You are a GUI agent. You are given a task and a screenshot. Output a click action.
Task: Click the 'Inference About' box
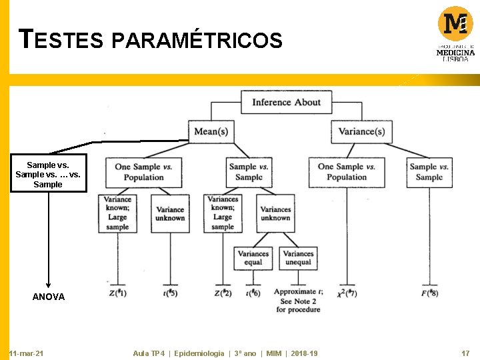pyautogui.click(x=286, y=102)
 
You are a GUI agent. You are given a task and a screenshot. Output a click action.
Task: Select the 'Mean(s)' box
pyautogui.click(x=211, y=131)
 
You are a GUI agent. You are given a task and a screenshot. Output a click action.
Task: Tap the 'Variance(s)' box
pyautogui.click(x=361, y=131)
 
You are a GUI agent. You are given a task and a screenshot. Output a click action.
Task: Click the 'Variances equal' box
pyautogui.click(x=253, y=257)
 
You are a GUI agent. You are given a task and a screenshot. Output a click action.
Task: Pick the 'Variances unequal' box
pyautogui.click(x=298, y=257)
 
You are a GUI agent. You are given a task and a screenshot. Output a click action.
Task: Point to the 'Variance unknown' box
pyautogui.click(x=170, y=213)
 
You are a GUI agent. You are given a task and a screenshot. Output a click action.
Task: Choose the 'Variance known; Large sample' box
pyautogui.click(x=117, y=213)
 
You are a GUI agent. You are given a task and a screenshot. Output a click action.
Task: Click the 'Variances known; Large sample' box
pyautogui.click(x=223, y=213)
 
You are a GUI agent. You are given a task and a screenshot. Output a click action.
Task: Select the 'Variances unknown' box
pyautogui.click(x=275, y=213)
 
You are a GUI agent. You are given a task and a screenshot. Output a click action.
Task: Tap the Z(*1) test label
pyautogui.click(x=117, y=293)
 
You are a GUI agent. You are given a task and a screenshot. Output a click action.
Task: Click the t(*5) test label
pyautogui.click(x=170, y=293)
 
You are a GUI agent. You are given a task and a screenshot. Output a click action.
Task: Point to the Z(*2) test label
pyautogui.click(x=223, y=293)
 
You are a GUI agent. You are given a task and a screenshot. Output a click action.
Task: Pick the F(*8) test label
pyautogui.click(x=429, y=293)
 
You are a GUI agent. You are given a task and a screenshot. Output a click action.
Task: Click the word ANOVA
pyautogui.click(x=49, y=297)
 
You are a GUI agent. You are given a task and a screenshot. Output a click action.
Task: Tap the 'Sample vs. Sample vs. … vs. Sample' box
pyautogui.click(x=48, y=174)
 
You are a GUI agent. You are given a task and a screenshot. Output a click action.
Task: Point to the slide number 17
pyautogui.click(x=465, y=353)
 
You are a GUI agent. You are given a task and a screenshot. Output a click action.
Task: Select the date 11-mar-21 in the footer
pyautogui.click(x=27, y=353)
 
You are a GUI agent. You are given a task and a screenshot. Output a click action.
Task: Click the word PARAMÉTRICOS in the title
pyautogui.click(x=197, y=41)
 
